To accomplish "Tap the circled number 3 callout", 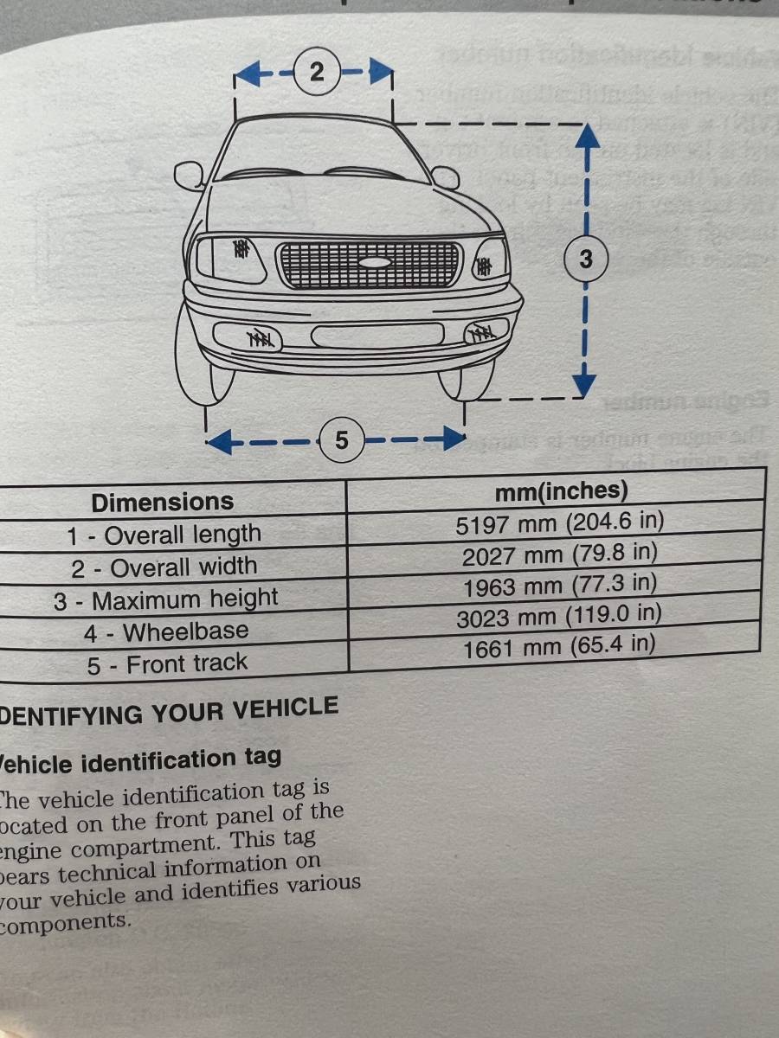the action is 586,258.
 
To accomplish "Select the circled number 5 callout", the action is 341,440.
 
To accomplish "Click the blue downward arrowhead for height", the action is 586,381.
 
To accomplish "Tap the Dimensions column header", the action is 163,502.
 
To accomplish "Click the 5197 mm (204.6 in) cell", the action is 559,523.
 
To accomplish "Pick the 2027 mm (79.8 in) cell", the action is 559,554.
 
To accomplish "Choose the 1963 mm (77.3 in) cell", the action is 559,586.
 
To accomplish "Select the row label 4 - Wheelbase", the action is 166,632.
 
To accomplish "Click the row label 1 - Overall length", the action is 164,535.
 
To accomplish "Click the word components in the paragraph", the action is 66,922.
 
